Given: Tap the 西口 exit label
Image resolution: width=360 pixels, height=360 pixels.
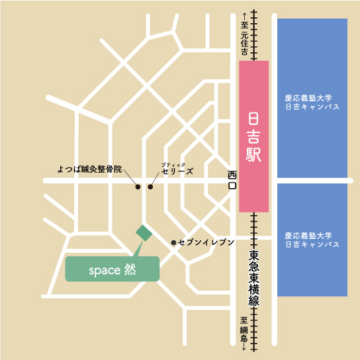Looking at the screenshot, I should click(232, 181).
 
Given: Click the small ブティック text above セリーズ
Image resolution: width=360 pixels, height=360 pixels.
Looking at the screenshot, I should click(169, 163).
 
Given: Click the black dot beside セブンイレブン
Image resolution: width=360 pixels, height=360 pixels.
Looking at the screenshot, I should click(174, 243).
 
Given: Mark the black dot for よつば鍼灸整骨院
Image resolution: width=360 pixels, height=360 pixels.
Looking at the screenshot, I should click(138, 187).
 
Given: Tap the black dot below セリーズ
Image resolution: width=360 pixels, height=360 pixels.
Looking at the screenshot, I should click(150, 187).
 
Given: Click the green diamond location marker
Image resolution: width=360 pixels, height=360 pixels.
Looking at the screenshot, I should click(144, 232).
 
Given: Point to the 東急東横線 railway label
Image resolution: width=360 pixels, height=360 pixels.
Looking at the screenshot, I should click(253, 279).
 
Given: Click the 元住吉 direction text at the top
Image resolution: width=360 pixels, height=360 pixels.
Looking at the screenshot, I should click(244, 43).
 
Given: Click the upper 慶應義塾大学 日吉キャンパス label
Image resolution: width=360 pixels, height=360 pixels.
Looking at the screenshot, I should click(312, 101).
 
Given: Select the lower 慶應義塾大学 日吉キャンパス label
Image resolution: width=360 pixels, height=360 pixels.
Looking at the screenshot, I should click(312, 240).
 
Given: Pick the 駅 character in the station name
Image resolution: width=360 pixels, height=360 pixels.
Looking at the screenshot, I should click(253, 156).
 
